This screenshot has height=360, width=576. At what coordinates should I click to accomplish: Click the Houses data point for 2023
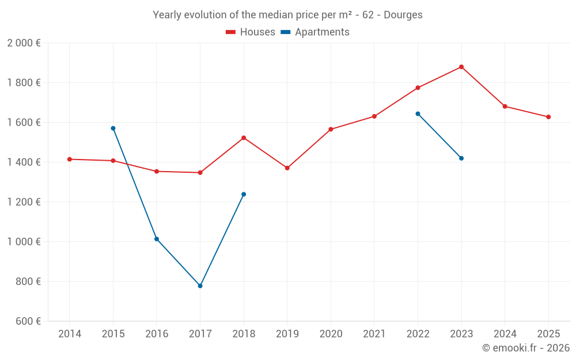tap(461, 67)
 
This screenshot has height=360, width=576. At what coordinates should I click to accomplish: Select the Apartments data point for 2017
tap(200, 286)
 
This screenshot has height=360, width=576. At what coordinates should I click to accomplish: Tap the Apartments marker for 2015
tap(113, 128)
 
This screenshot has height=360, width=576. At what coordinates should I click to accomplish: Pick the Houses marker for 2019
tap(287, 168)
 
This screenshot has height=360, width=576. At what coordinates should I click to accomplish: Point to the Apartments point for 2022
tap(418, 113)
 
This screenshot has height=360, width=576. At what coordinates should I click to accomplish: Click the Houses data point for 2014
tap(70, 159)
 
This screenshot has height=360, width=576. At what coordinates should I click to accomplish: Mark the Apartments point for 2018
tap(244, 194)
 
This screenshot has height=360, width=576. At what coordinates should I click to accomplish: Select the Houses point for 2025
tap(548, 117)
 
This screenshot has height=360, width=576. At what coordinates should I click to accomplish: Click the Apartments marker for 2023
tap(461, 158)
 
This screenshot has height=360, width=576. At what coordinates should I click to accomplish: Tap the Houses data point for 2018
tap(244, 138)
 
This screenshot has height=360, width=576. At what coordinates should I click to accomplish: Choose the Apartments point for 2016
tap(157, 239)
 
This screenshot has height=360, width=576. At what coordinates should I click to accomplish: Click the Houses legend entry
tap(251, 32)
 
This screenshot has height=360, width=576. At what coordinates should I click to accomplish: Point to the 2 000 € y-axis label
tap(24, 43)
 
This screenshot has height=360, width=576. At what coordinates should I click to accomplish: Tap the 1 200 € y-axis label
tap(24, 202)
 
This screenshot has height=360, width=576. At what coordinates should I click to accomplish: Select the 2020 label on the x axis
tap(331, 334)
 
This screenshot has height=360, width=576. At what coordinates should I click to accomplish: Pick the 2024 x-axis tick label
tap(505, 334)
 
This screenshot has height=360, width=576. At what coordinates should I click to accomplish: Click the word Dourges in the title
tap(403, 15)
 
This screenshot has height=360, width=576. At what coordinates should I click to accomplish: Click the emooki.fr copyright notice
tap(525, 348)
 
